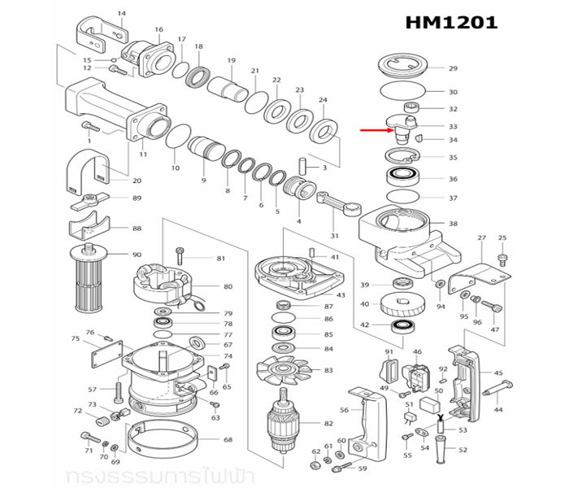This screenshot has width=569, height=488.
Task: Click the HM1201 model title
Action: pos(451,22)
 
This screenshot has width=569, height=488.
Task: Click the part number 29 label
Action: pos(454,68)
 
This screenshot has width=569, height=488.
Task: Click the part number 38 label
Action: pos(454,224)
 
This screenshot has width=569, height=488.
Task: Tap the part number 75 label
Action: pos(75,338)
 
